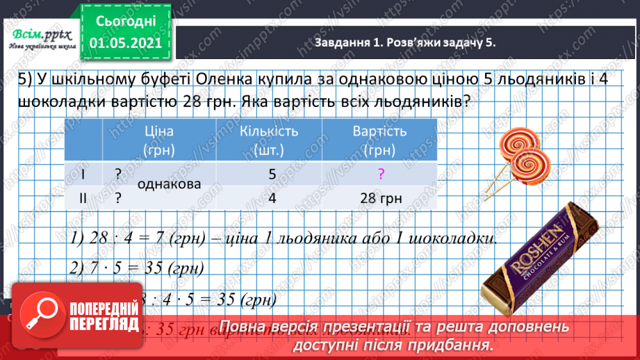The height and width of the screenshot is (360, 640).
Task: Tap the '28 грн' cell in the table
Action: click(381, 198)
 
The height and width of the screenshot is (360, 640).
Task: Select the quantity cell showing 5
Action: click(272, 175)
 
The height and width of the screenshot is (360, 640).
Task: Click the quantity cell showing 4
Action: click(272, 198)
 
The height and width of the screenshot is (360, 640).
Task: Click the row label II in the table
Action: click(83, 198)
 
